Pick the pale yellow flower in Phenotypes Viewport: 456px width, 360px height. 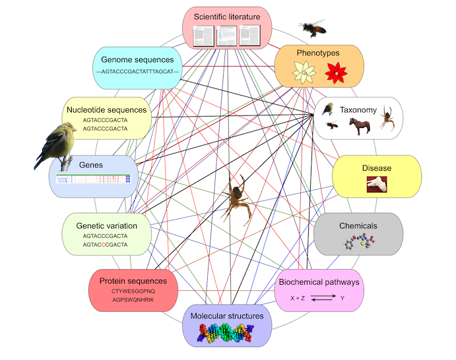[x=306, y=73]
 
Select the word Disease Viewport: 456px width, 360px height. [x=376, y=168]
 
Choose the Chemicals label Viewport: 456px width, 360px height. [x=358, y=225]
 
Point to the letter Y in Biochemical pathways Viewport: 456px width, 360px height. [x=342, y=298]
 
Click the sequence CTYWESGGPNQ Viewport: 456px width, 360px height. [x=133, y=291]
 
